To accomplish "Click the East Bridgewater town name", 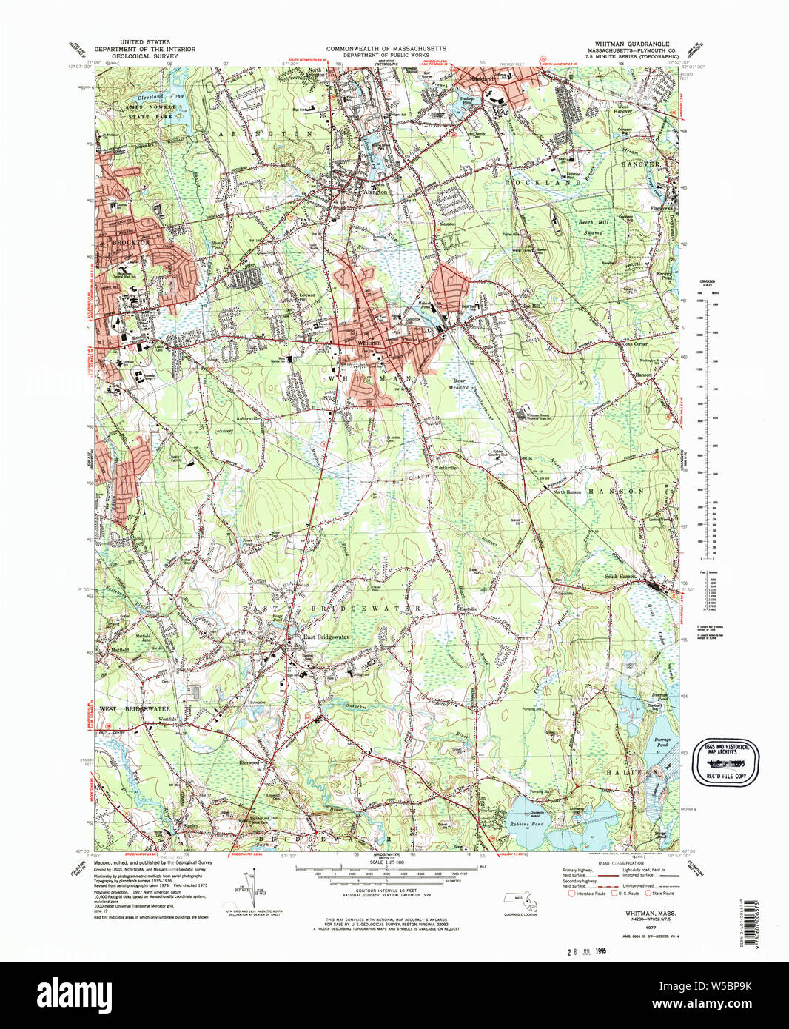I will pyautogui.click(x=325, y=637).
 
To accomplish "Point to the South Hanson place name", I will pyautogui.click(x=620, y=577).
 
